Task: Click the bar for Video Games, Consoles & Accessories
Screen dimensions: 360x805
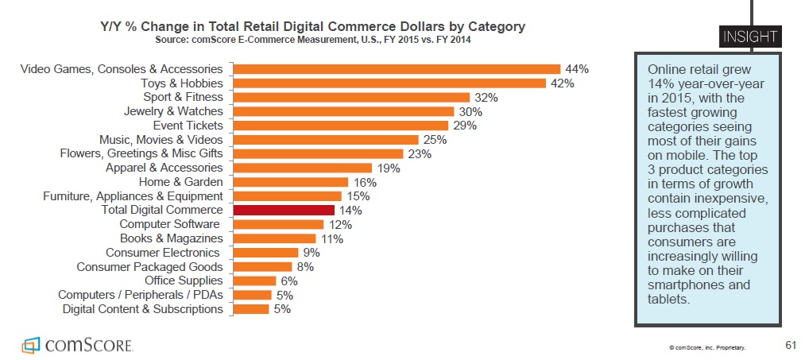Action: point(397,69)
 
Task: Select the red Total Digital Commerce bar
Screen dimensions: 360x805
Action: point(284,210)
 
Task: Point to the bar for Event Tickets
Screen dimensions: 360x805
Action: point(341,126)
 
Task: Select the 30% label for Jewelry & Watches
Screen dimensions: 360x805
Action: point(470,112)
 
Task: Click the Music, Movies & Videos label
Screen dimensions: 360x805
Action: point(161,140)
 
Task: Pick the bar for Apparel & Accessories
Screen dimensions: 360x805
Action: point(303,168)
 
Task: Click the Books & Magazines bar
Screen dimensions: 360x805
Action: point(275,238)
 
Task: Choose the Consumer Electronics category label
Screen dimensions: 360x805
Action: point(164,253)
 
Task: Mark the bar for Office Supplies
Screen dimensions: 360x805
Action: point(255,281)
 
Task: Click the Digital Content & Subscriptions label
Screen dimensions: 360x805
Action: point(142,308)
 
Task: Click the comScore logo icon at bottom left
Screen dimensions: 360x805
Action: point(30,345)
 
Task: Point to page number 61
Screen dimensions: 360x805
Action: point(789,344)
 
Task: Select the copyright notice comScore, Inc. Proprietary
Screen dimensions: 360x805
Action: point(707,347)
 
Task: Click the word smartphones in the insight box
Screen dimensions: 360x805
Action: point(682,285)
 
